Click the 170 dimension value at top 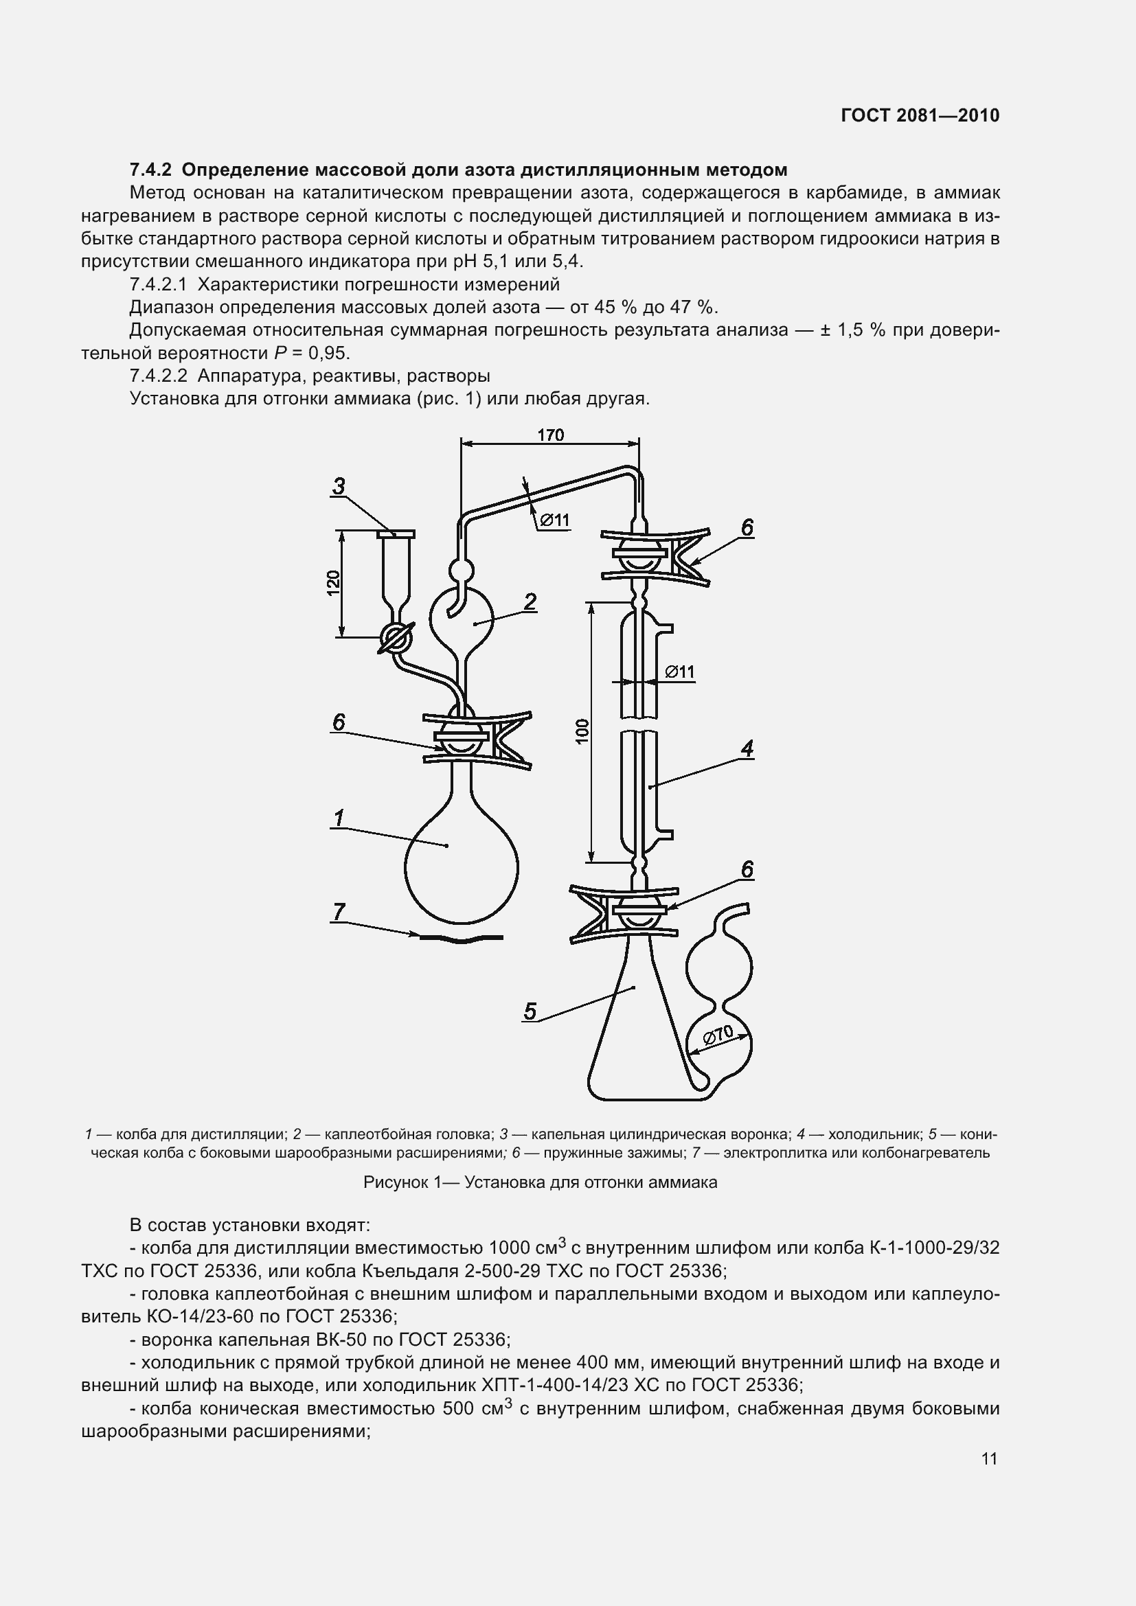[551, 435]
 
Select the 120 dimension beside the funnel [334, 584]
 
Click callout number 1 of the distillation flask [339, 817]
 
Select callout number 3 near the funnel [339, 485]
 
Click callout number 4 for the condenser [747, 749]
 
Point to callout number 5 [530, 1011]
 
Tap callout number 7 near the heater [339, 911]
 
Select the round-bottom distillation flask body [461, 867]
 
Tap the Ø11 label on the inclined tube [555, 520]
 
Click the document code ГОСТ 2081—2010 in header [920, 115]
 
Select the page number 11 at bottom [989, 1459]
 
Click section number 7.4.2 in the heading [150, 170]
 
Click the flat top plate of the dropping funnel [396, 534]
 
